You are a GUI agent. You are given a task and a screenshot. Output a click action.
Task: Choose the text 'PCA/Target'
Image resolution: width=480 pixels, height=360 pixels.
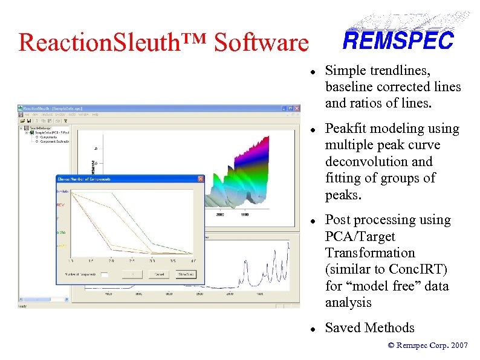[x=360, y=237]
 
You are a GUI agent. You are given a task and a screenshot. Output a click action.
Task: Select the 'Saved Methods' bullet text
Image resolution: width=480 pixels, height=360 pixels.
[x=369, y=328]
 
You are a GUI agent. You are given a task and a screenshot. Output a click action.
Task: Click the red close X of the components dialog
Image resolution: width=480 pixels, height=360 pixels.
[x=201, y=179]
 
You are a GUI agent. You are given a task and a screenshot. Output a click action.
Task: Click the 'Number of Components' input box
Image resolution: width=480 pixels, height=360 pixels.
[x=104, y=274]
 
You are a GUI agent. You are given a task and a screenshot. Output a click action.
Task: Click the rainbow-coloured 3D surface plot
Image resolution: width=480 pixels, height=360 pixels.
[x=242, y=175]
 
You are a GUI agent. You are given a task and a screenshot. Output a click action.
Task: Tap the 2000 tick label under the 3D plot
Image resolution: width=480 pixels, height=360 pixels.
[x=219, y=214]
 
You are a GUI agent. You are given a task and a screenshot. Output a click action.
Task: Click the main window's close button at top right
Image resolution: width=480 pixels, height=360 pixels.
[x=296, y=107]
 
